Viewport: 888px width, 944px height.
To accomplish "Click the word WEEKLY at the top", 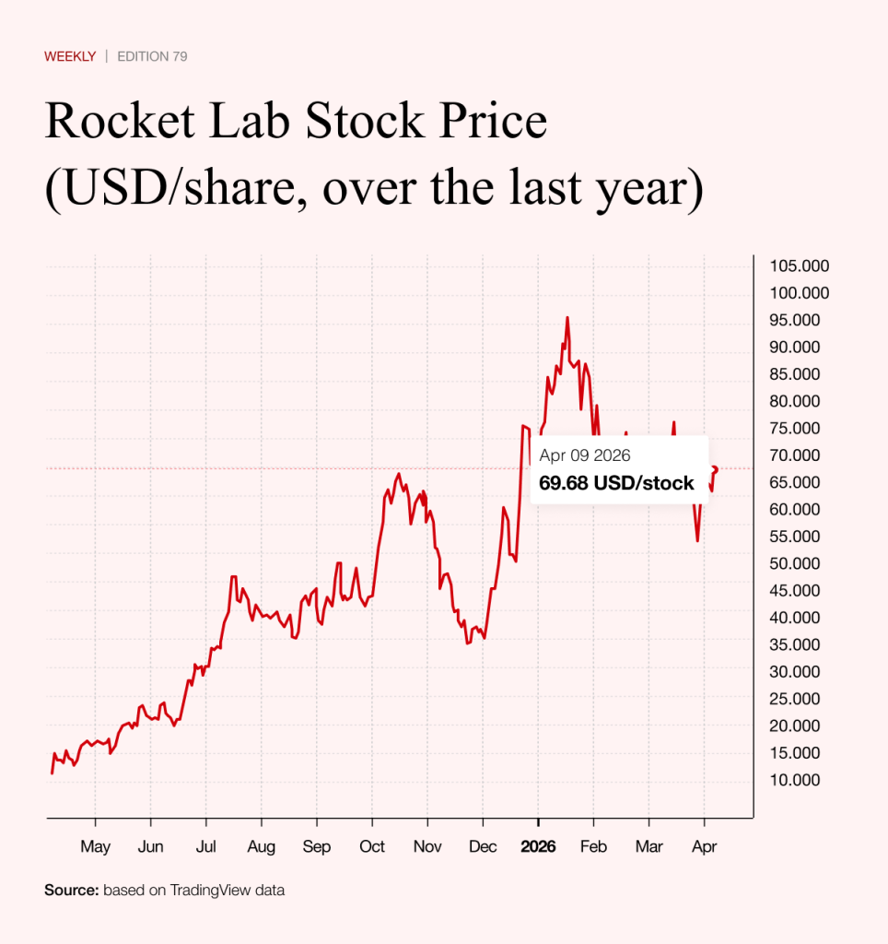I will coord(70,56).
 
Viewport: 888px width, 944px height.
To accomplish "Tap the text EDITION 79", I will coord(153,56).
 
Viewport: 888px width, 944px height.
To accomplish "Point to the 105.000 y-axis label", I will coord(799,266).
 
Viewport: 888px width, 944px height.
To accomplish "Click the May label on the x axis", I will coord(95,846).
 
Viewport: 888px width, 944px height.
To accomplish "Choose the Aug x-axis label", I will coord(262,846).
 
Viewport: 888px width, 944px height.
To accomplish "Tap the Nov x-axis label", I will coord(427,846).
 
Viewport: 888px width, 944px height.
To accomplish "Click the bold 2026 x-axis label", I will coord(538,846).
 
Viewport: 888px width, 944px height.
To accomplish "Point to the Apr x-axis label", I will coord(704,846).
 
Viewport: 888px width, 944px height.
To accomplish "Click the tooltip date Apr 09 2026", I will coord(585,455).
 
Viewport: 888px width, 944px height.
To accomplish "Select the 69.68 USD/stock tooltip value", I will coord(616,483).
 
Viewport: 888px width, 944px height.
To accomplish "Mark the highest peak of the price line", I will coord(567,317).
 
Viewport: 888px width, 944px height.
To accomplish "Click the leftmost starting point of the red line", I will coord(52,773).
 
